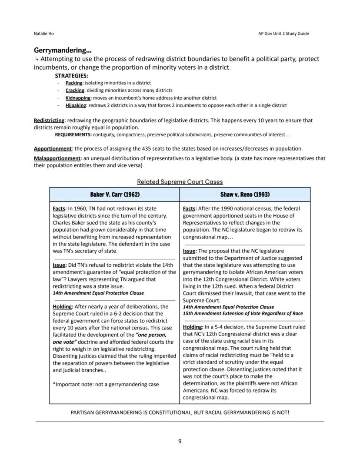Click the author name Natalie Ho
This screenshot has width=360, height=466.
(x=44, y=34)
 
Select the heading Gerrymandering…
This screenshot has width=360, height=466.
(x=63, y=50)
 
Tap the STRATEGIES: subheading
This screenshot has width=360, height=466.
(x=71, y=75)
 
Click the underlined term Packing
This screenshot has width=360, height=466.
(x=74, y=83)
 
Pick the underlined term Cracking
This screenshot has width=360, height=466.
(x=75, y=90)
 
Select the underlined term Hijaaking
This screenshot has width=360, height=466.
(x=76, y=105)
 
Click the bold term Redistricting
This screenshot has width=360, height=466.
(x=49, y=120)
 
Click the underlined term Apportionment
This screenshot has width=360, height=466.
(x=53, y=148)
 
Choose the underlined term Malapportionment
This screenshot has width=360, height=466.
(x=57, y=158)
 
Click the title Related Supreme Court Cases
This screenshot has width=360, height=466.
(x=180, y=181)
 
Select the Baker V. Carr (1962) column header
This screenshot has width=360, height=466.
(x=115, y=194)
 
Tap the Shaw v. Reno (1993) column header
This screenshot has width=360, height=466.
(x=245, y=194)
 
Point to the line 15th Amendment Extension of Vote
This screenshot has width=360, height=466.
(x=243, y=313)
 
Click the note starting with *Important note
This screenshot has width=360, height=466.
(x=106, y=384)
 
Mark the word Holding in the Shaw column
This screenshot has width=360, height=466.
(x=192, y=327)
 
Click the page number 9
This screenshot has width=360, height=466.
(x=180, y=441)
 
